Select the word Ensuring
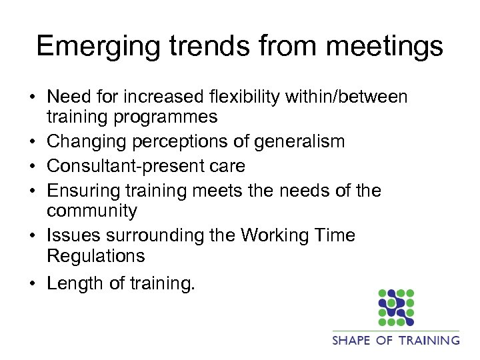coord(83,191)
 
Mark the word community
coord(91,211)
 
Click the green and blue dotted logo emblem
coord(396,307)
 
